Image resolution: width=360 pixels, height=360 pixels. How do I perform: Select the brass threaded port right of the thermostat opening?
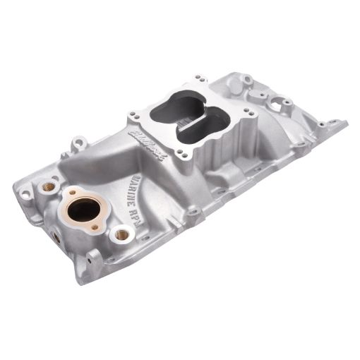(x=121, y=233)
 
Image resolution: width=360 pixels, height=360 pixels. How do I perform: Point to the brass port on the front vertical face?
(x=56, y=237)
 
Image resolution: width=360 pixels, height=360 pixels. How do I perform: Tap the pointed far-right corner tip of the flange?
(x=346, y=125)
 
